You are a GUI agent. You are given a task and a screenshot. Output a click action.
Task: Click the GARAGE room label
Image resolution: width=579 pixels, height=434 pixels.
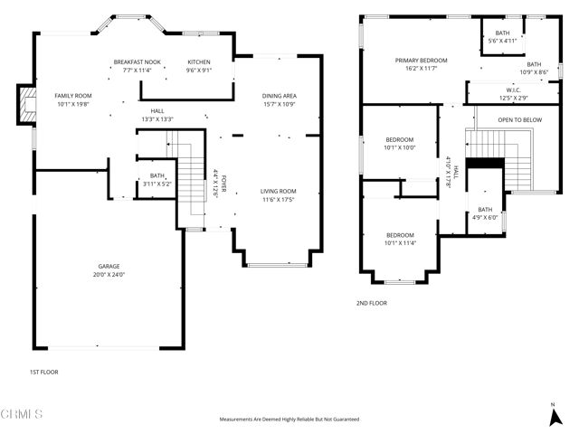(109, 266)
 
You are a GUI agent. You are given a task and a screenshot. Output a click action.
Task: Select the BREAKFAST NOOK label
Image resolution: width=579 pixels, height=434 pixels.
(138, 61)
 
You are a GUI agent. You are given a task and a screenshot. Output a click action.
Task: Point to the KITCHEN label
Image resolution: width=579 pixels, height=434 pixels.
(198, 61)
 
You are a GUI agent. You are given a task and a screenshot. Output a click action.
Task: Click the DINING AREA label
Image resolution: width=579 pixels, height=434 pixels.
(280, 95)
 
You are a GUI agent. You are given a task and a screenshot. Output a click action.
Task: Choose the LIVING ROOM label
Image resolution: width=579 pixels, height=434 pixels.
(279, 191)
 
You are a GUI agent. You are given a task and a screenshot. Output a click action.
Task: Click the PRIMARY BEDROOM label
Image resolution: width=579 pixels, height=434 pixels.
(421, 61)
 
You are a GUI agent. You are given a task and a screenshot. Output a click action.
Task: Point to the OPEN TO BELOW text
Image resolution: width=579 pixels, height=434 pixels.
(520, 118)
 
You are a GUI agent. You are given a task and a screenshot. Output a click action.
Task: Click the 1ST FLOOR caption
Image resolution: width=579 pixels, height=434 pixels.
(45, 372)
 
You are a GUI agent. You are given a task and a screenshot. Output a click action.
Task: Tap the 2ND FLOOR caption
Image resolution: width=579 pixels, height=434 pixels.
(371, 303)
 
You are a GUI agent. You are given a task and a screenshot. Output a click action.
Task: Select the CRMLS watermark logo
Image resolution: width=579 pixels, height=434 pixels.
(22, 414)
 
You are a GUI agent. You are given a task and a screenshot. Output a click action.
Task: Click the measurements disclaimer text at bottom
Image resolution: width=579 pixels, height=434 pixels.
(289, 420)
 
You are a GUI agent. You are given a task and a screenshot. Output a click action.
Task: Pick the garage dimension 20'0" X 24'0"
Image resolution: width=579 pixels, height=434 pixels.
(109, 275)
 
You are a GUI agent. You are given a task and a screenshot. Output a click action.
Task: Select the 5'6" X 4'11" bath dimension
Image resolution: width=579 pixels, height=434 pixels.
(502, 41)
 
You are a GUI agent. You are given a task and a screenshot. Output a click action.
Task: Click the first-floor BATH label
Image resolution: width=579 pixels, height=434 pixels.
(157, 176)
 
